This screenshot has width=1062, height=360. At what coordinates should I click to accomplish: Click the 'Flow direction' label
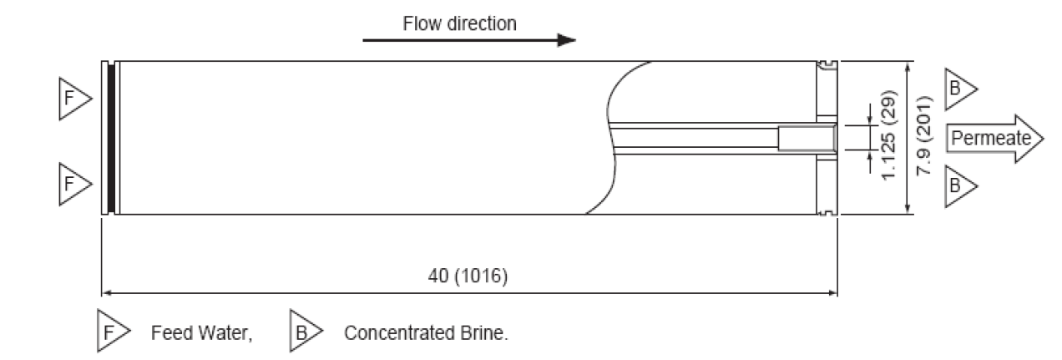click(x=459, y=23)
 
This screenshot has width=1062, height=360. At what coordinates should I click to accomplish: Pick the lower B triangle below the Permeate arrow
click(x=958, y=180)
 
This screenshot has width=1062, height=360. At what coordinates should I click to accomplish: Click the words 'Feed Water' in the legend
click(x=200, y=332)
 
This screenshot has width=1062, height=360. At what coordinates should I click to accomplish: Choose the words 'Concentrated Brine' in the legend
click(x=426, y=332)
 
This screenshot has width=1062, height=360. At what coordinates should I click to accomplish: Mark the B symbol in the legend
click(x=304, y=332)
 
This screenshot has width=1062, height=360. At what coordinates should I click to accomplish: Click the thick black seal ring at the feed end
click(x=111, y=138)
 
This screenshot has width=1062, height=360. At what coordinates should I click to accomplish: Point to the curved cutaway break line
click(x=614, y=138)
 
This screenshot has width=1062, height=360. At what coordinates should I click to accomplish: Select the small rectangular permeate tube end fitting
click(x=807, y=138)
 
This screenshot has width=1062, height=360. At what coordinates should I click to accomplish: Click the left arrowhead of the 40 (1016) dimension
click(x=106, y=292)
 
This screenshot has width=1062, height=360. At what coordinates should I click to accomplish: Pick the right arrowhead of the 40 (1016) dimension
click(x=833, y=292)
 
